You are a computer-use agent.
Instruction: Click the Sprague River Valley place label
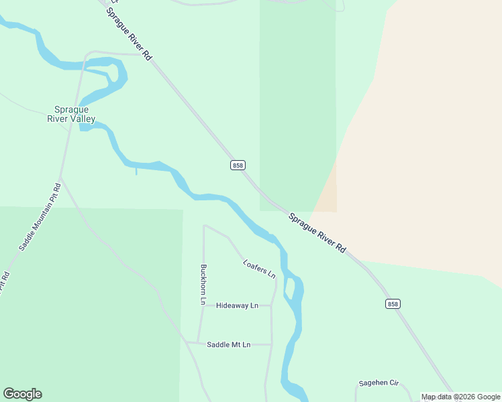pyautogui.click(x=71, y=114)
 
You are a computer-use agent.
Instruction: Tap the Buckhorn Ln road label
pyautogui.click(x=202, y=285)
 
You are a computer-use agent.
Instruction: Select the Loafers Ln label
pyautogui.click(x=259, y=268)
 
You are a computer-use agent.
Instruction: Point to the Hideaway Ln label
pyautogui.click(x=237, y=306)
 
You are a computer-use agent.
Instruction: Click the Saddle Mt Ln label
pyautogui.click(x=228, y=344)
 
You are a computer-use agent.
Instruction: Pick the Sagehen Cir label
pyautogui.click(x=379, y=383)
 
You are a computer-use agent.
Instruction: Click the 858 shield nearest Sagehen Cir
pyautogui.click(x=393, y=304)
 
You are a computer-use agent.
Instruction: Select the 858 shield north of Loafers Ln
pyautogui.click(x=238, y=165)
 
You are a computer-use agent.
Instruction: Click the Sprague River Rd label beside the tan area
pyautogui.click(x=317, y=232)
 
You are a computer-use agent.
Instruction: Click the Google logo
pyautogui.click(x=22, y=394)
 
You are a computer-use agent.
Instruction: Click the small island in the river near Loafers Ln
pyautogui.click(x=290, y=287)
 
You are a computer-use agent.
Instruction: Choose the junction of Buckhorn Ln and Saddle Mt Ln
pyautogui.click(x=197, y=342)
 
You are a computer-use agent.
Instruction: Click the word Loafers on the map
pyautogui.click(x=254, y=264)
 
